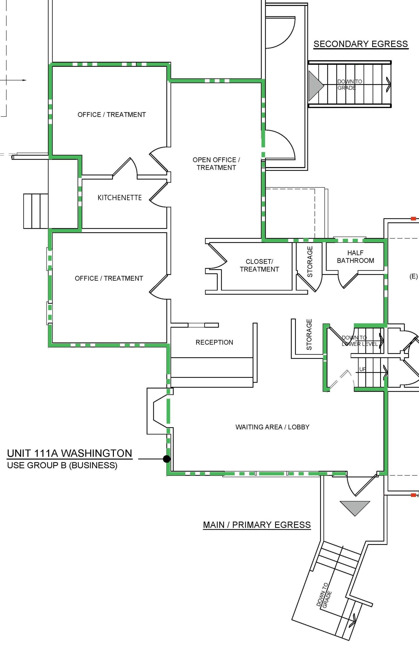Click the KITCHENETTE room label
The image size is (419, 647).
click(119, 198)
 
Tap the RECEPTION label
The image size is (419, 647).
click(214, 342)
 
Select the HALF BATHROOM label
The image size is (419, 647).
click(355, 257)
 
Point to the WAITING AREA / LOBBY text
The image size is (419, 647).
click(272, 427)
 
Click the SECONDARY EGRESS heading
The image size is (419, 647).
click(361, 44)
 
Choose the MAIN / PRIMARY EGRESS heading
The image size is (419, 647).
click(257, 525)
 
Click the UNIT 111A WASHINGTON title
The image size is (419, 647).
click(69, 453)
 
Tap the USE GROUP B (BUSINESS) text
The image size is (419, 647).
click(62, 465)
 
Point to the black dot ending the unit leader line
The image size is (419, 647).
click(167, 459)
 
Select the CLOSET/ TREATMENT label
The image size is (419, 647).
click(259, 265)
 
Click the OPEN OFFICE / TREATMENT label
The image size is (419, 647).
click(216, 164)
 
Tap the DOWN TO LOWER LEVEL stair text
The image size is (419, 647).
click(359, 341)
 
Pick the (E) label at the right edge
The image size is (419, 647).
click(413, 276)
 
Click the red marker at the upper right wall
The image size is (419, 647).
click(413, 218)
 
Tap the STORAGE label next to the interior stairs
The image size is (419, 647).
click(309, 335)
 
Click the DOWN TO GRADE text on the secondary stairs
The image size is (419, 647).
click(350, 85)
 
